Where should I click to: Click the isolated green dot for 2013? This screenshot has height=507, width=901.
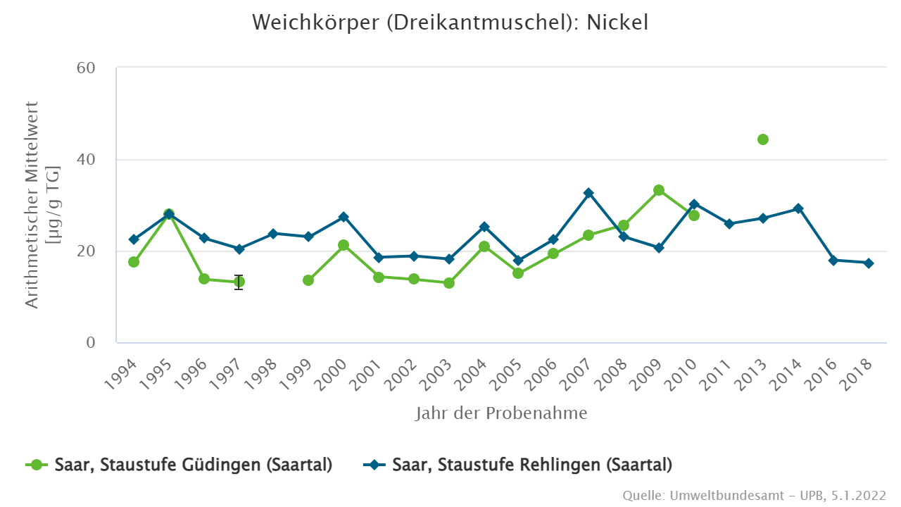[763, 139]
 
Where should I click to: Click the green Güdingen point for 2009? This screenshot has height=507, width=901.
[659, 190]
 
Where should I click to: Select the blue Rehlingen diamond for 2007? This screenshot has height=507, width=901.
[588, 193]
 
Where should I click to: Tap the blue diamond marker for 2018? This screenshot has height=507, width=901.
[868, 263]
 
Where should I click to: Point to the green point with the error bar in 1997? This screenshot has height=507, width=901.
[239, 282]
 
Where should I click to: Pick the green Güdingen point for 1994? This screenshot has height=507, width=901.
[134, 262]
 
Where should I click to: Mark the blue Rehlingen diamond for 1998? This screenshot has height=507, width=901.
[274, 233]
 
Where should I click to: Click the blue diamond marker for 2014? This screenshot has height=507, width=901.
[798, 208]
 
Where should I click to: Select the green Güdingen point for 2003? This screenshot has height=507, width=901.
[449, 283]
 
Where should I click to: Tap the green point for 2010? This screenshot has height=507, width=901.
[694, 215]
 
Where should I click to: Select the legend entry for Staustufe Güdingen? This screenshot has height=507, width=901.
[179, 465]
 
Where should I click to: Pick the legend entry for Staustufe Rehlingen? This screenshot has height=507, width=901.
[517, 465]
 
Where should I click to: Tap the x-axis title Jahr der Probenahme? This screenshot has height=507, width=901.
[500, 413]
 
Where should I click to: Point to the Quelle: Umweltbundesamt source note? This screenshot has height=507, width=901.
[754, 496]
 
